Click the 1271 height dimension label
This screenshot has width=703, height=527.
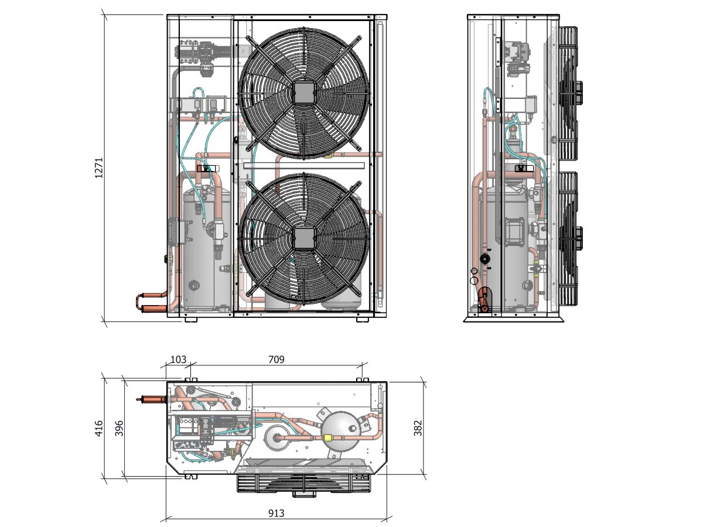pyautogui.click(x=98, y=167)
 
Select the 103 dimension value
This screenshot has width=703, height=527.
pyautogui.click(x=178, y=360)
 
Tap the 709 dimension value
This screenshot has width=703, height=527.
pyautogui.click(x=276, y=360)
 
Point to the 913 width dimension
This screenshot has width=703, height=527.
pyautogui.click(x=276, y=514)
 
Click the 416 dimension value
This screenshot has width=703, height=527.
pyautogui.click(x=99, y=428)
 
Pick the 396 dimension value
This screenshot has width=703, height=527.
pyautogui.click(x=119, y=428)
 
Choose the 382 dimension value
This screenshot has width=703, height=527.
pyautogui.click(x=418, y=428)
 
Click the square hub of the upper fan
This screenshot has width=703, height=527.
pyautogui.click(x=303, y=93)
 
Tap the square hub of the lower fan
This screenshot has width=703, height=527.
pyautogui.click(x=303, y=238)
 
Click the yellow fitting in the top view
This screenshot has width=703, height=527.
pyautogui.click(x=327, y=438)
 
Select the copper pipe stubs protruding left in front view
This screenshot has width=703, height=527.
pyautogui.click(x=151, y=302)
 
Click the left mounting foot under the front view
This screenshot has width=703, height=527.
pyautogui.click(x=191, y=319)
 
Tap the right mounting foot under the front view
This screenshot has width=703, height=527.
pyautogui.click(x=363, y=319)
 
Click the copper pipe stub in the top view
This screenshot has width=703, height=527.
pyautogui.click(x=151, y=399)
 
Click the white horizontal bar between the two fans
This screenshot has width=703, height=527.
pyautogui.click(x=304, y=166)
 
